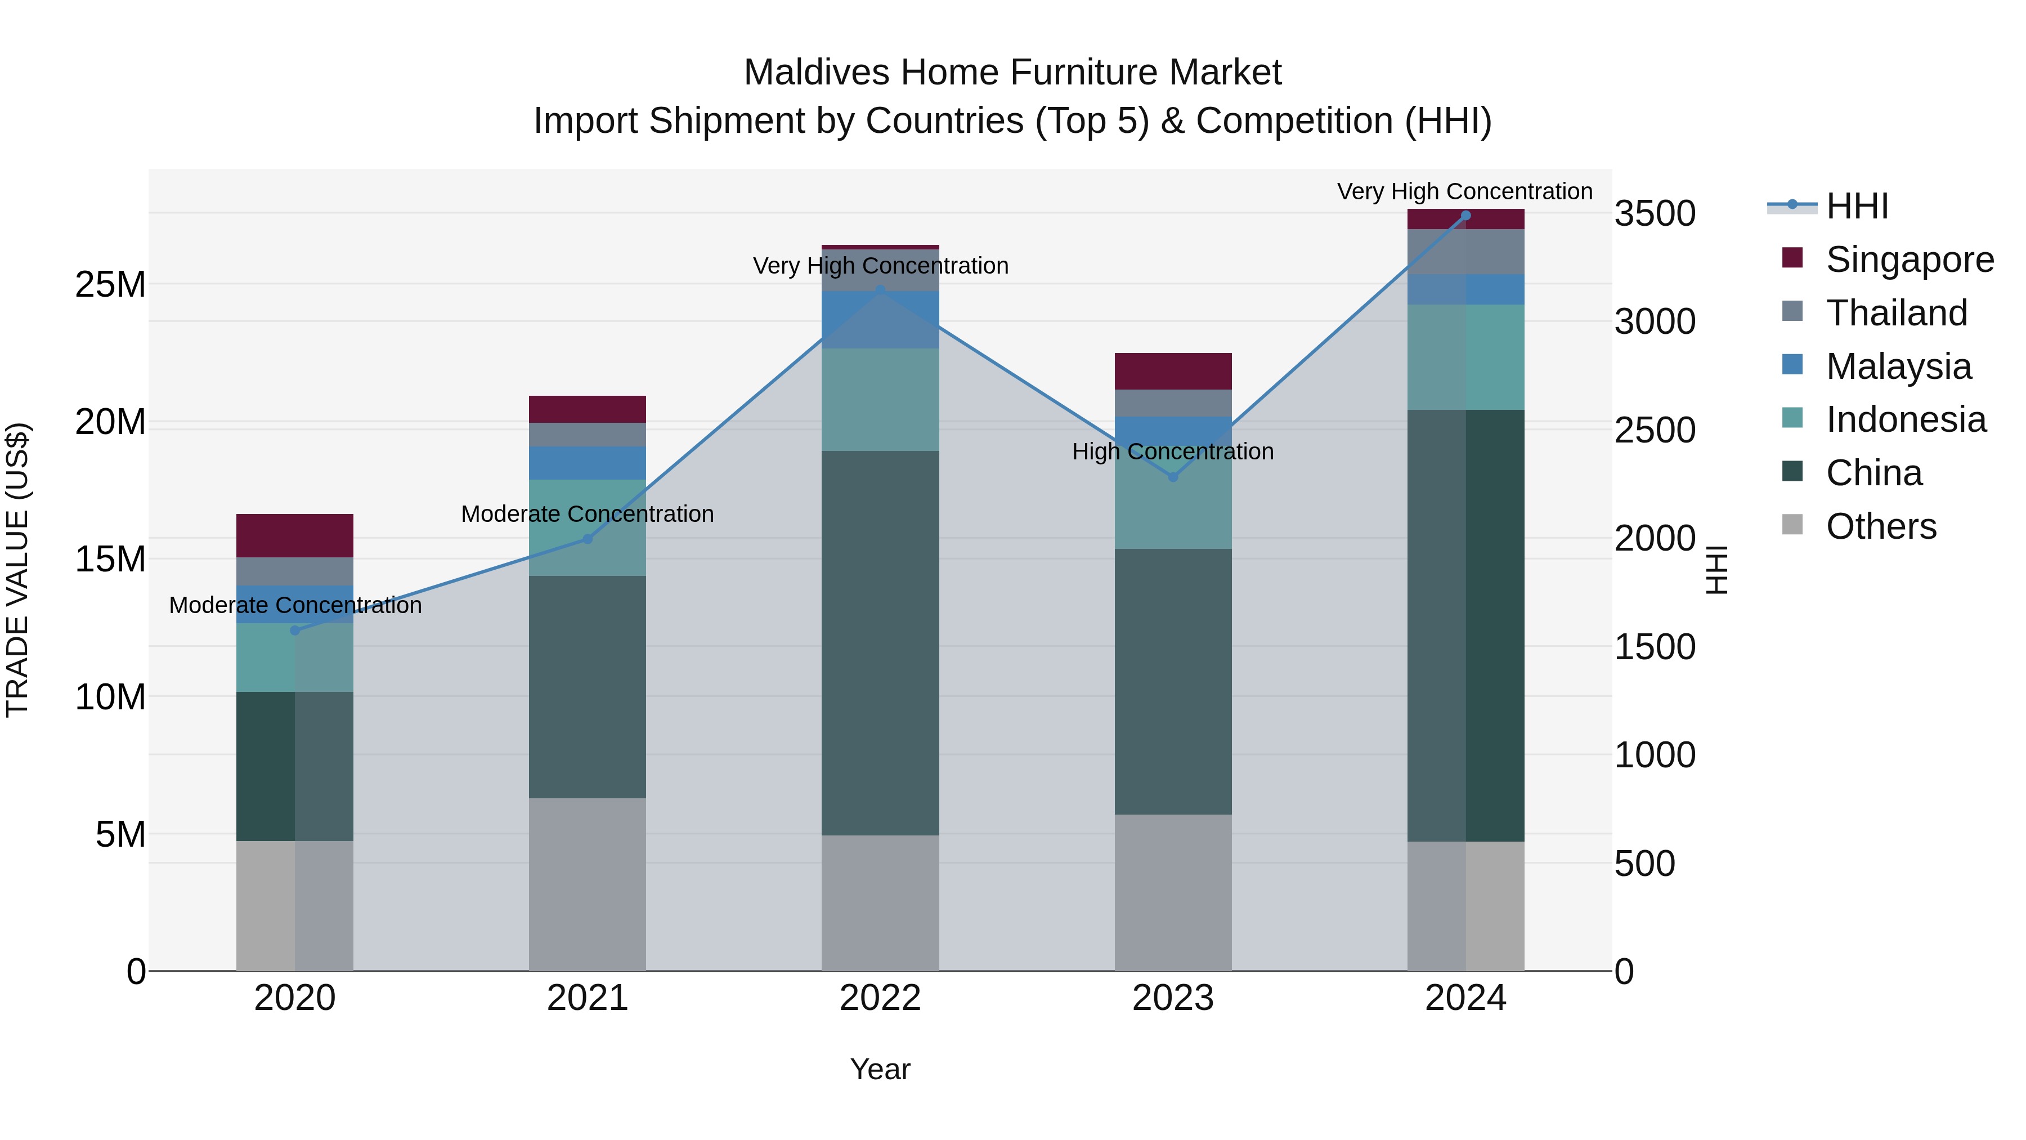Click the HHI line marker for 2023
coord(1173,477)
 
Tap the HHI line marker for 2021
coord(588,539)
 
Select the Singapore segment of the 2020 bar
coord(295,536)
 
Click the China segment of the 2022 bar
coord(880,643)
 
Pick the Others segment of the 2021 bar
coord(588,884)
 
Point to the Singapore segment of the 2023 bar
coord(1173,372)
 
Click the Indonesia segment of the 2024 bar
coord(1465,357)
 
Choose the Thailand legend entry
coord(1895,313)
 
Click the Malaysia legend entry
coord(1898,366)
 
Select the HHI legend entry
coord(1856,206)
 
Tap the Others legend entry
coord(1880,526)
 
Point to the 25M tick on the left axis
coord(110,284)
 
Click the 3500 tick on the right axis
coord(1655,213)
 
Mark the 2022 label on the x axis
coord(880,998)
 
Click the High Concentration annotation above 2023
coord(1173,451)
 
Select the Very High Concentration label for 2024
coord(1464,191)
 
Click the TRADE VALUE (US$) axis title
coord(17,570)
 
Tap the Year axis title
coord(880,1069)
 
